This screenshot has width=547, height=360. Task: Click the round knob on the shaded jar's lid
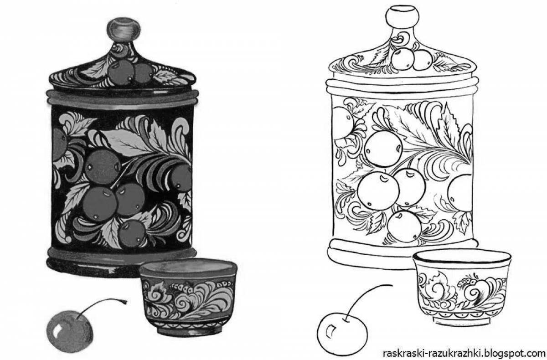(x=124, y=30)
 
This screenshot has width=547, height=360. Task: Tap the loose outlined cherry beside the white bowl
(x=342, y=334)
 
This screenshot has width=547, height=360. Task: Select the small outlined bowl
(x=462, y=288)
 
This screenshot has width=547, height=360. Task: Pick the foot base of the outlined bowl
(x=461, y=321)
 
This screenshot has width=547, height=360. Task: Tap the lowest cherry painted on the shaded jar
(x=132, y=234)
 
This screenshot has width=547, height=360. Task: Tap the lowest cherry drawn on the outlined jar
(x=404, y=227)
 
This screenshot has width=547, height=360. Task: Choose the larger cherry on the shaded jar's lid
(x=121, y=72)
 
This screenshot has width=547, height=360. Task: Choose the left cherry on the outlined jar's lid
(x=403, y=59)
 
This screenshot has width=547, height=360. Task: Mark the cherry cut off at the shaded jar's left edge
(x=59, y=144)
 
